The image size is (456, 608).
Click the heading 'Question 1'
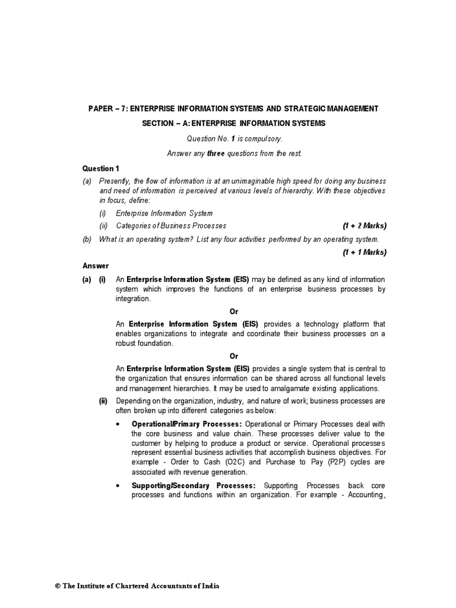[101, 169]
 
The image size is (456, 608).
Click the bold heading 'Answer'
[95, 266]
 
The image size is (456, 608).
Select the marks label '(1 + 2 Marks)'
[364, 226]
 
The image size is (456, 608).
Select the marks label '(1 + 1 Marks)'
[364, 252]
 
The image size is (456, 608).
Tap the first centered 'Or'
[234, 312]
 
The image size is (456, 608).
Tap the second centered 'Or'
[234, 356]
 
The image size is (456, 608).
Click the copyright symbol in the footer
[58, 585]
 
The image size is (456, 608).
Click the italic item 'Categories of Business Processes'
[171, 226]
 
